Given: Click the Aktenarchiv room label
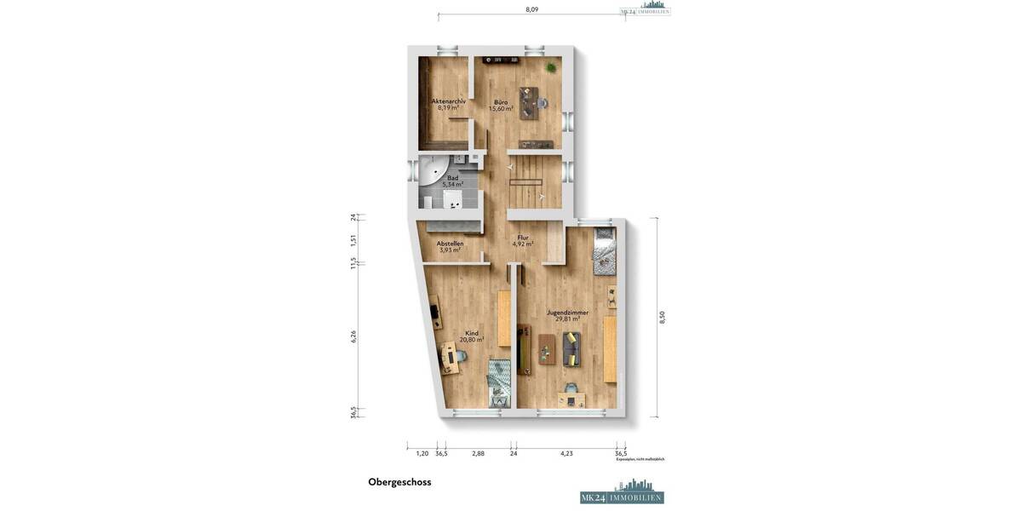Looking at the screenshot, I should [x=448, y=100].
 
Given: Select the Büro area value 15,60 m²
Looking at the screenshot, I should [x=501, y=109].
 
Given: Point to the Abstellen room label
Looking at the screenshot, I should [x=450, y=243].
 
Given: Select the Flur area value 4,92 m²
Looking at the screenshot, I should [x=523, y=244].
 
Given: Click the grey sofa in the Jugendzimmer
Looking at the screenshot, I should [x=571, y=348].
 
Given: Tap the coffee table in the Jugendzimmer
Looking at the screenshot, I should [x=547, y=349].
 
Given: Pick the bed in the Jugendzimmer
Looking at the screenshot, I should [x=604, y=250].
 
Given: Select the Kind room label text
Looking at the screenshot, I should [x=471, y=333].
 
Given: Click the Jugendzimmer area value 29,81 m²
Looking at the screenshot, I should [x=568, y=319].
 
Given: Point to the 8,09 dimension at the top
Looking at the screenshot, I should [x=531, y=9].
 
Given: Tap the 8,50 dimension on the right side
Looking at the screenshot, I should [x=662, y=317].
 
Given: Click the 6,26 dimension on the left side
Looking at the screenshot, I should [x=353, y=336].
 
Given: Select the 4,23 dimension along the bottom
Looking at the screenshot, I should [x=566, y=453].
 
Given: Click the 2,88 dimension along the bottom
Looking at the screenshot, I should [x=478, y=453].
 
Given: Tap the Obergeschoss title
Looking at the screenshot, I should [x=399, y=482].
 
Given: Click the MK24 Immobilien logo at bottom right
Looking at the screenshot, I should [x=622, y=495].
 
